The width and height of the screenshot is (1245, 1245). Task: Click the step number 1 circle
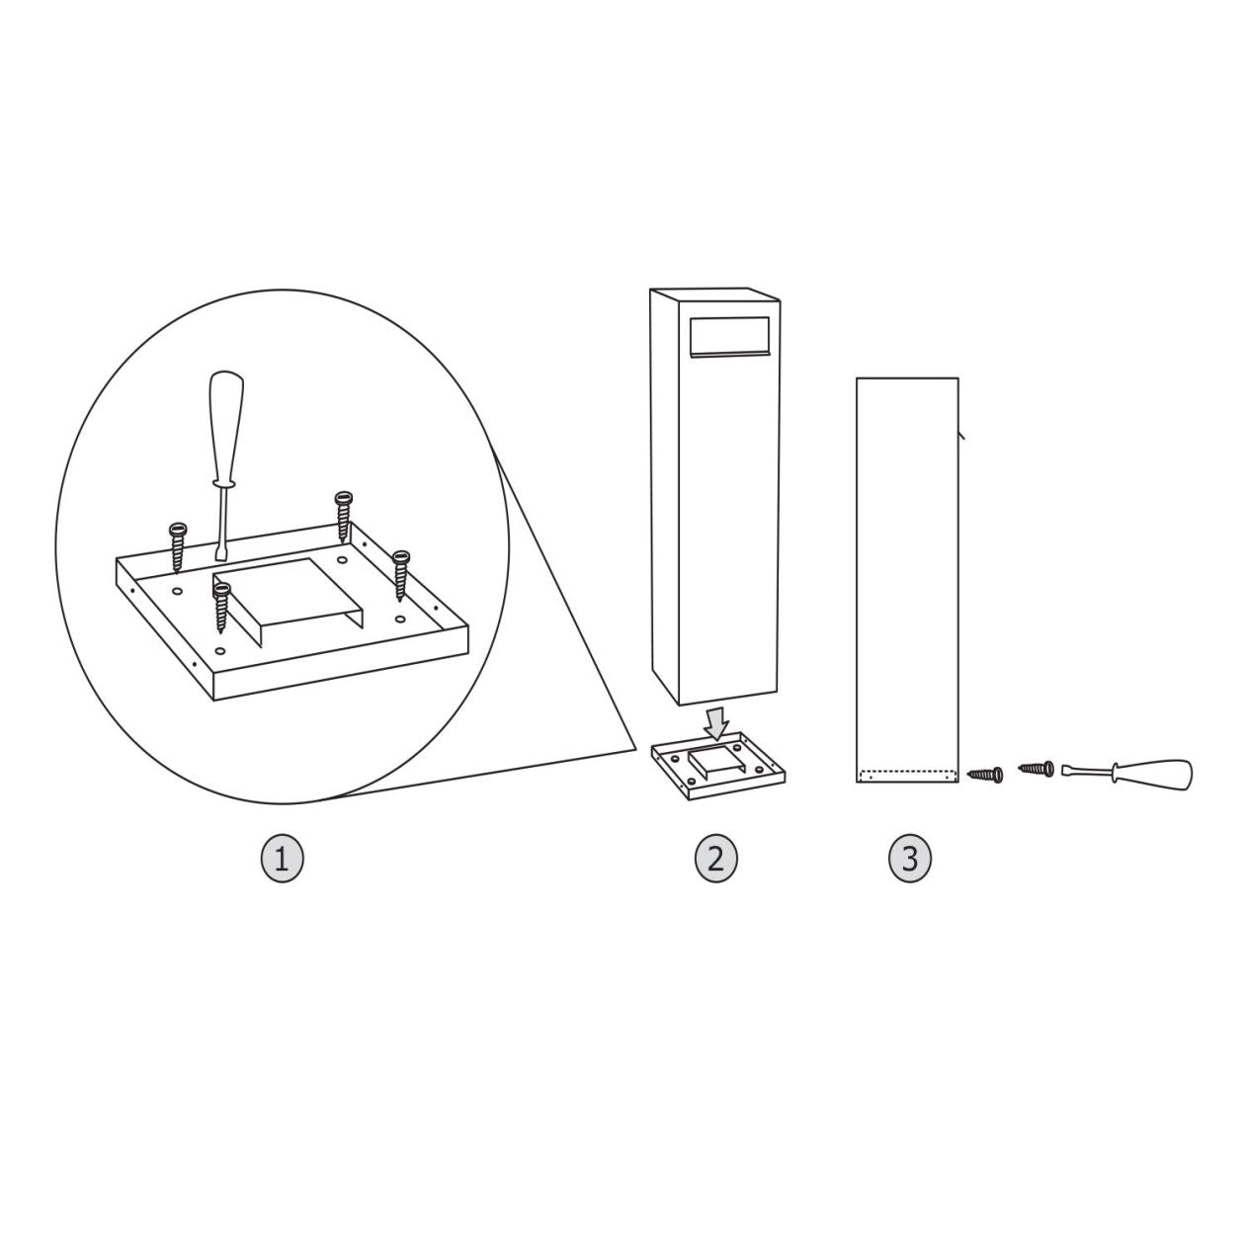pyautogui.click(x=282, y=860)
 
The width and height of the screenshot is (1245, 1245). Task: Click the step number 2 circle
pyautogui.click(x=715, y=860)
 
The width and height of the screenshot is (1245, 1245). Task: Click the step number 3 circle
pyautogui.click(x=910, y=860)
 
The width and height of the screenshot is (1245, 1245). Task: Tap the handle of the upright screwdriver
pyautogui.click(x=226, y=427)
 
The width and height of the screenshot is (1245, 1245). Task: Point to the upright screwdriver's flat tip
pyautogui.click(x=219, y=555)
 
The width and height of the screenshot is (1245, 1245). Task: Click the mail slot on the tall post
pyautogui.click(x=730, y=337)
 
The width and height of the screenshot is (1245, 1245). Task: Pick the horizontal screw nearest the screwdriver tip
pyautogui.click(x=1037, y=769)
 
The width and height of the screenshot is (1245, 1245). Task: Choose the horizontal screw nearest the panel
pyautogui.click(x=985, y=774)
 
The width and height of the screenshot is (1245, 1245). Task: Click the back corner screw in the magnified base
pyautogui.click(x=343, y=515)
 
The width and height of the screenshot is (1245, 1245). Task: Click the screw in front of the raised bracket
pyautogui.click(x=222, y=608)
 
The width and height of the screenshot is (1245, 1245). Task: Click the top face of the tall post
pyautogui.click(x=715, y=294)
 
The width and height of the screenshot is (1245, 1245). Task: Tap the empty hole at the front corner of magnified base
pyautogui.click(x=220, y=650)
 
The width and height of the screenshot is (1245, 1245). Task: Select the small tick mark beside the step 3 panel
pyautogui.click(x=960, y=435)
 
